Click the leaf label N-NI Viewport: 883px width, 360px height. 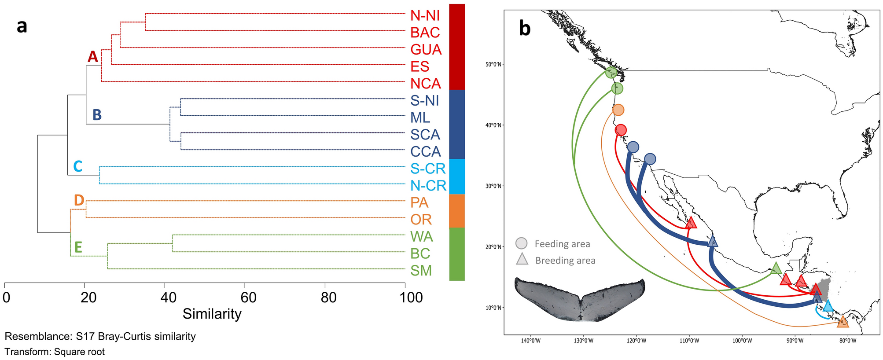click(425, 15)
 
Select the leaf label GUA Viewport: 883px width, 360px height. click(426, 49)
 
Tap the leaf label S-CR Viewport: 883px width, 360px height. click(428, 169)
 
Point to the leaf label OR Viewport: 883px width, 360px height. click(421, 219)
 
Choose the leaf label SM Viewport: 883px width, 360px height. click(421, 271)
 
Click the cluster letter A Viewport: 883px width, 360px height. click(92, 57)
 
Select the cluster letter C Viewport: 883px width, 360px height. click(78, 166)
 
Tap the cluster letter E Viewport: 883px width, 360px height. click(78, 247)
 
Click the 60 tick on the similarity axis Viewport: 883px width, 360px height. click(248, 298)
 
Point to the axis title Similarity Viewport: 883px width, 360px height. click(212, 314)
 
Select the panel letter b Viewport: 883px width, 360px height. click(525, 28)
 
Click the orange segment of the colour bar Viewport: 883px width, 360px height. click(457, 211)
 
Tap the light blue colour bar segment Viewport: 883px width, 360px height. click(457, 176)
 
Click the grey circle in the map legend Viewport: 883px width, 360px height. click(521, 243)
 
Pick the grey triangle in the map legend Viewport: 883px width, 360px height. click(522, 260)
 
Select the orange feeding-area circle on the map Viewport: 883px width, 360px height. click(618, 110)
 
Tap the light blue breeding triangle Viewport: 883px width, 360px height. click(828, 305)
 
